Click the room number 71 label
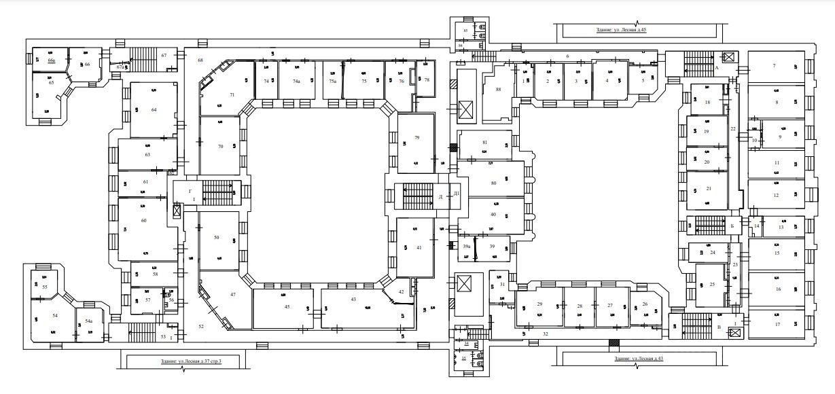(232, 94)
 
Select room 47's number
(232, 294)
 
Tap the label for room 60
(143, 220)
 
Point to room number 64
(154, 109)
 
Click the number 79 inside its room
(416, 138)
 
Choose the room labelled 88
(498, 89)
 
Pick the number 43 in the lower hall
(353, 300)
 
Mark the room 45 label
(287, 307)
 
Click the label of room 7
(774, 65)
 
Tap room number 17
(777, 324)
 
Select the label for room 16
(777, 289)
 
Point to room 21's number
(709, 188)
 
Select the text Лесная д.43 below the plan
(637, 358)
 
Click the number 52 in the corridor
(201, 327)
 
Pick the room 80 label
(493, 183)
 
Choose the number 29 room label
(539, 304)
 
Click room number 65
(51, 82)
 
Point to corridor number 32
(546, 334)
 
